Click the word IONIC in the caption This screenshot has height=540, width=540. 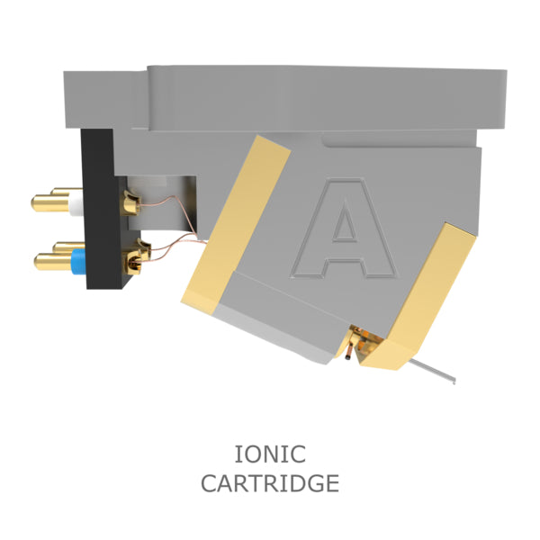(x=270, y=454)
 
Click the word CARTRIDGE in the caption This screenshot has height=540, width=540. (x=270, y=483)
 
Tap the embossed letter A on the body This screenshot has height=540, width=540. (x=345, y=228)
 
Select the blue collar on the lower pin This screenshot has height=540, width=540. (x=78, y=261)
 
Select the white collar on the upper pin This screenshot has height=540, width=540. (x=76, y=202)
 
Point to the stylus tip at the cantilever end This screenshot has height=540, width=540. (x=454, y=381)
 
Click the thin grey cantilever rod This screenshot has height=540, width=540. (x=432, y=371)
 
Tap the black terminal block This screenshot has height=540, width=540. (x=103, y=209)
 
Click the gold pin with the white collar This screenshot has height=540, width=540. (x=51, y=203)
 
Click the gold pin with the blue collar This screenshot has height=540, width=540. (x=53, y=262)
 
